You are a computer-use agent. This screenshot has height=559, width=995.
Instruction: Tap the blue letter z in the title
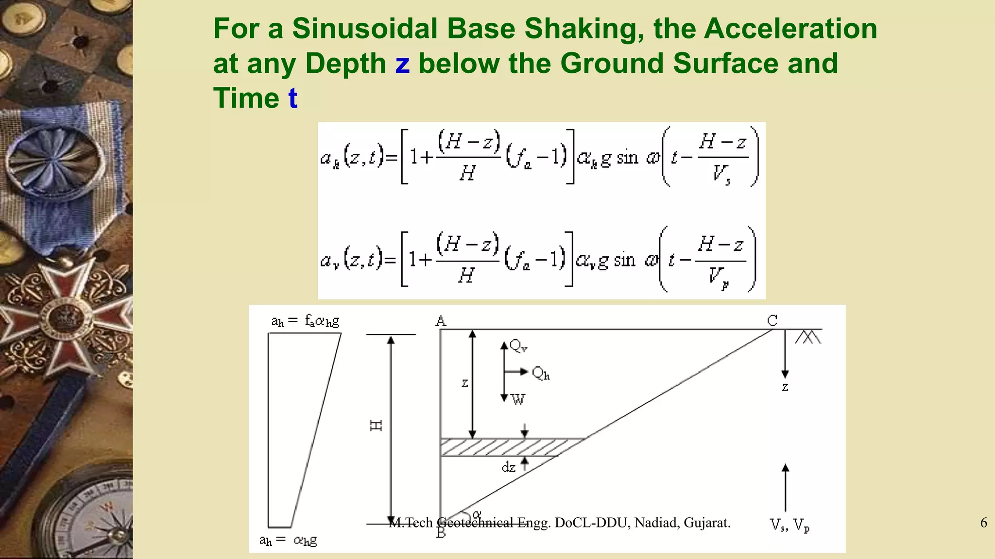click(402, 64)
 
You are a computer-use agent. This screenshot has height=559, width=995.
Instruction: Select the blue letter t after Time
click(292, 98)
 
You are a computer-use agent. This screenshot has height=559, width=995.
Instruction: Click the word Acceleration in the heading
click(790, 29)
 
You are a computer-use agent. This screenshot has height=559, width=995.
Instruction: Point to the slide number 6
click(983, 523)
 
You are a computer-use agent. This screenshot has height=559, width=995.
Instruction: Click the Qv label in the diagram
click(518, 346)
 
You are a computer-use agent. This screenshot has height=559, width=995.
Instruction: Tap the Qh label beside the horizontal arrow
click(540, 373)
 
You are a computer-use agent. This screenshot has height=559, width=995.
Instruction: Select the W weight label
click(518, 399)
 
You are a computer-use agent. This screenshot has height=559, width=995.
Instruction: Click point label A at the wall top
click(441, 321)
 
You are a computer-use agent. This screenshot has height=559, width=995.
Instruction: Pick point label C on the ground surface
click(772, 320)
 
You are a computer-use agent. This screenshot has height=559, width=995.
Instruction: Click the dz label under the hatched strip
click(508, 467)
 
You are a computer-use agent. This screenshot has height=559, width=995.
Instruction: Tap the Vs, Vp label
click(789, 525)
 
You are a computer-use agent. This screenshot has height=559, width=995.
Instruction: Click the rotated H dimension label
click(377, 426)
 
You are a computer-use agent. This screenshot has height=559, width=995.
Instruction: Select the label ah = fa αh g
click(305, 321)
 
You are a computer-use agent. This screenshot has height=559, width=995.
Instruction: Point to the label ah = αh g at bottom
click(288, 540)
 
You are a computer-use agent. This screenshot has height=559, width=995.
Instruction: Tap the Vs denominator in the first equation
click(721, 173)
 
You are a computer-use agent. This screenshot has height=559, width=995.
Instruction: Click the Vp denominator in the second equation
click(718, 276)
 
